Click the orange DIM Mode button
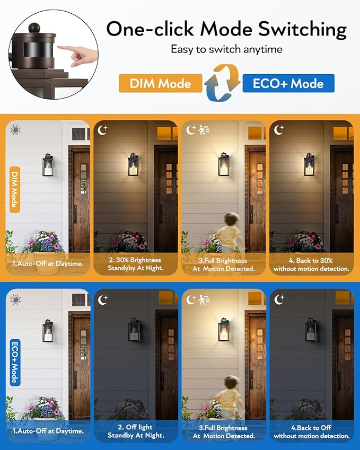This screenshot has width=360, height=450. coord(161,84)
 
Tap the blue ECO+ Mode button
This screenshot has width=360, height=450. coord(288,84)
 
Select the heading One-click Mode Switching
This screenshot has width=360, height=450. coord(226,29)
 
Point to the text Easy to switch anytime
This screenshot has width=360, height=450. coord(226,49)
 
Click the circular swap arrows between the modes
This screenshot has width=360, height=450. coord(222,83)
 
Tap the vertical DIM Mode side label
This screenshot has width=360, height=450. coord(15,189)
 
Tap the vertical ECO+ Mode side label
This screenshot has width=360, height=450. coord(15,361)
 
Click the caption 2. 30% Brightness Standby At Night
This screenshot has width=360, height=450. coord(136,264)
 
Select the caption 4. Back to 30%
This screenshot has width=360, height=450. coord(311,264)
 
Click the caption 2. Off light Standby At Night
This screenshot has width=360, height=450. coord(136,431)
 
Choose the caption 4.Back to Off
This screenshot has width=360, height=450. coord(311,431)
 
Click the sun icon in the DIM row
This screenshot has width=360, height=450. coord(15,129)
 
